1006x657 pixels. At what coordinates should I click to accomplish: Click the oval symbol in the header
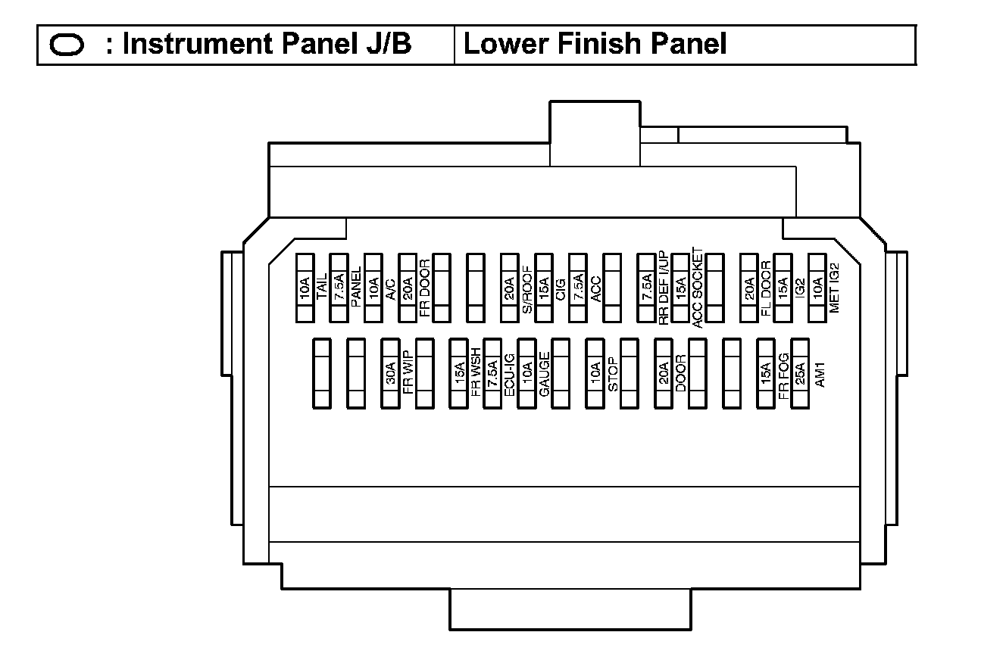pos(67,45)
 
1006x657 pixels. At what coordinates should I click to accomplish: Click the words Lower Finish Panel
pos(595,45)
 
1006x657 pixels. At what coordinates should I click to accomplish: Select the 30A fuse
pos(391,373)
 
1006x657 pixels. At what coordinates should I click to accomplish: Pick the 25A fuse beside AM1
pos(800,373)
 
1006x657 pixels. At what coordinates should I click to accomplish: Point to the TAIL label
pos(321,286)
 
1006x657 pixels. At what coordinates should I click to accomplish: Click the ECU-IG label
pos(510,373)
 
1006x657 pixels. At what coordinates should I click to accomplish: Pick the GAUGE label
pos(544,373)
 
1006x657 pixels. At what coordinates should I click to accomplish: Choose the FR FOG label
pos(783,373)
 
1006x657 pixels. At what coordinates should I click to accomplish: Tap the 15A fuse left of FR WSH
pos(459,373)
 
